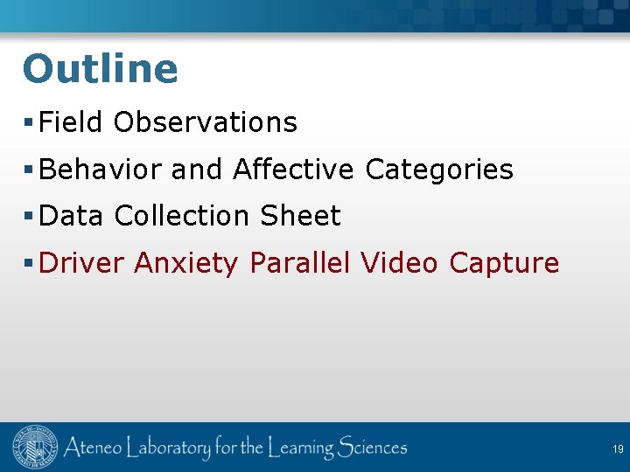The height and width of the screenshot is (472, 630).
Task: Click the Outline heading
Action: pyautogui.click(x=100, y=69)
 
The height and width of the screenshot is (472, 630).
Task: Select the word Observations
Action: pyautogui.click(x=206, y=122)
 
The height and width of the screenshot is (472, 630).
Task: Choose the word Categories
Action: pyautogui.click(x=439, y=169)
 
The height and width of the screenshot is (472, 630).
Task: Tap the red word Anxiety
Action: pyautogui.click(x=185, y=263)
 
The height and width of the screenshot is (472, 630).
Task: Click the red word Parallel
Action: pyautogui.click(x=299, y=262)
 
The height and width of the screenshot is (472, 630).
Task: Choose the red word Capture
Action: pyautogui.click(x=504, y=262)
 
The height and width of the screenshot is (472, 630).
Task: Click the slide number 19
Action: pyautogui.click(x=618, y=449)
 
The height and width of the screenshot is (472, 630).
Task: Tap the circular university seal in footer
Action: pyautogui.click(x=34, y=448)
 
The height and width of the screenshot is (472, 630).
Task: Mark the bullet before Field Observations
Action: pyautogui.click(x=29, y=123)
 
